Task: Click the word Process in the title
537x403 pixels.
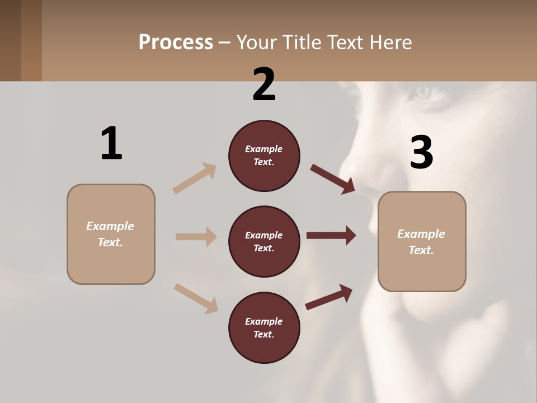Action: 176,42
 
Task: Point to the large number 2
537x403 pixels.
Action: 264,85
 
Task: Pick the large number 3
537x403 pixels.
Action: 421,153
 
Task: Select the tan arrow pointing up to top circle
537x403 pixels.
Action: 195,179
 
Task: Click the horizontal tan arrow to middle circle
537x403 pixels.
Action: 196,237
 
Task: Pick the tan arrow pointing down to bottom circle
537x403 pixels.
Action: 196,298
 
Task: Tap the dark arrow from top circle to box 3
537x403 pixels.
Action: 333,179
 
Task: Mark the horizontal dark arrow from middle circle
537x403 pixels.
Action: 331,236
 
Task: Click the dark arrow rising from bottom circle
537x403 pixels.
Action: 329,297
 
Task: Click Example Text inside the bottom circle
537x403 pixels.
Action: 264,328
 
